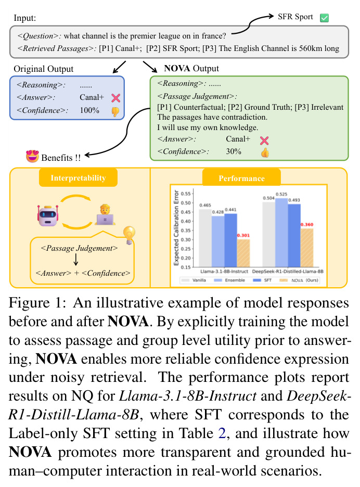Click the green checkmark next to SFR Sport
(x=324, y=18)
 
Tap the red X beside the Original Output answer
(x=115, y=98)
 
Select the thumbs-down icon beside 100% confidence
(x=115, y=111)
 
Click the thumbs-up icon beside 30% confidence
(x=265, y=152)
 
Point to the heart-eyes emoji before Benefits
(x=32, y=156)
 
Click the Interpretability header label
(x=78, y=177)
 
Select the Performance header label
(x=242, y=178)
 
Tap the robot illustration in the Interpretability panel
(x=47, y=215)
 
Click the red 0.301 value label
(x=243, y=235)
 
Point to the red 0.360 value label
(x=307, y=224)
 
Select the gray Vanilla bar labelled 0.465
(x=205, y=238)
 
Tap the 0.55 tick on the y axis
(x=186, y=194)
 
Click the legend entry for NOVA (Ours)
(x=299, y=280)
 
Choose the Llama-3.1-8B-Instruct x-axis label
(x=224, y=272)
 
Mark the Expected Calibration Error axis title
(x=176, y=228)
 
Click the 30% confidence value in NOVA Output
(x=234, y=151)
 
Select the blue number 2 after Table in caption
(x=222, y=433)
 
